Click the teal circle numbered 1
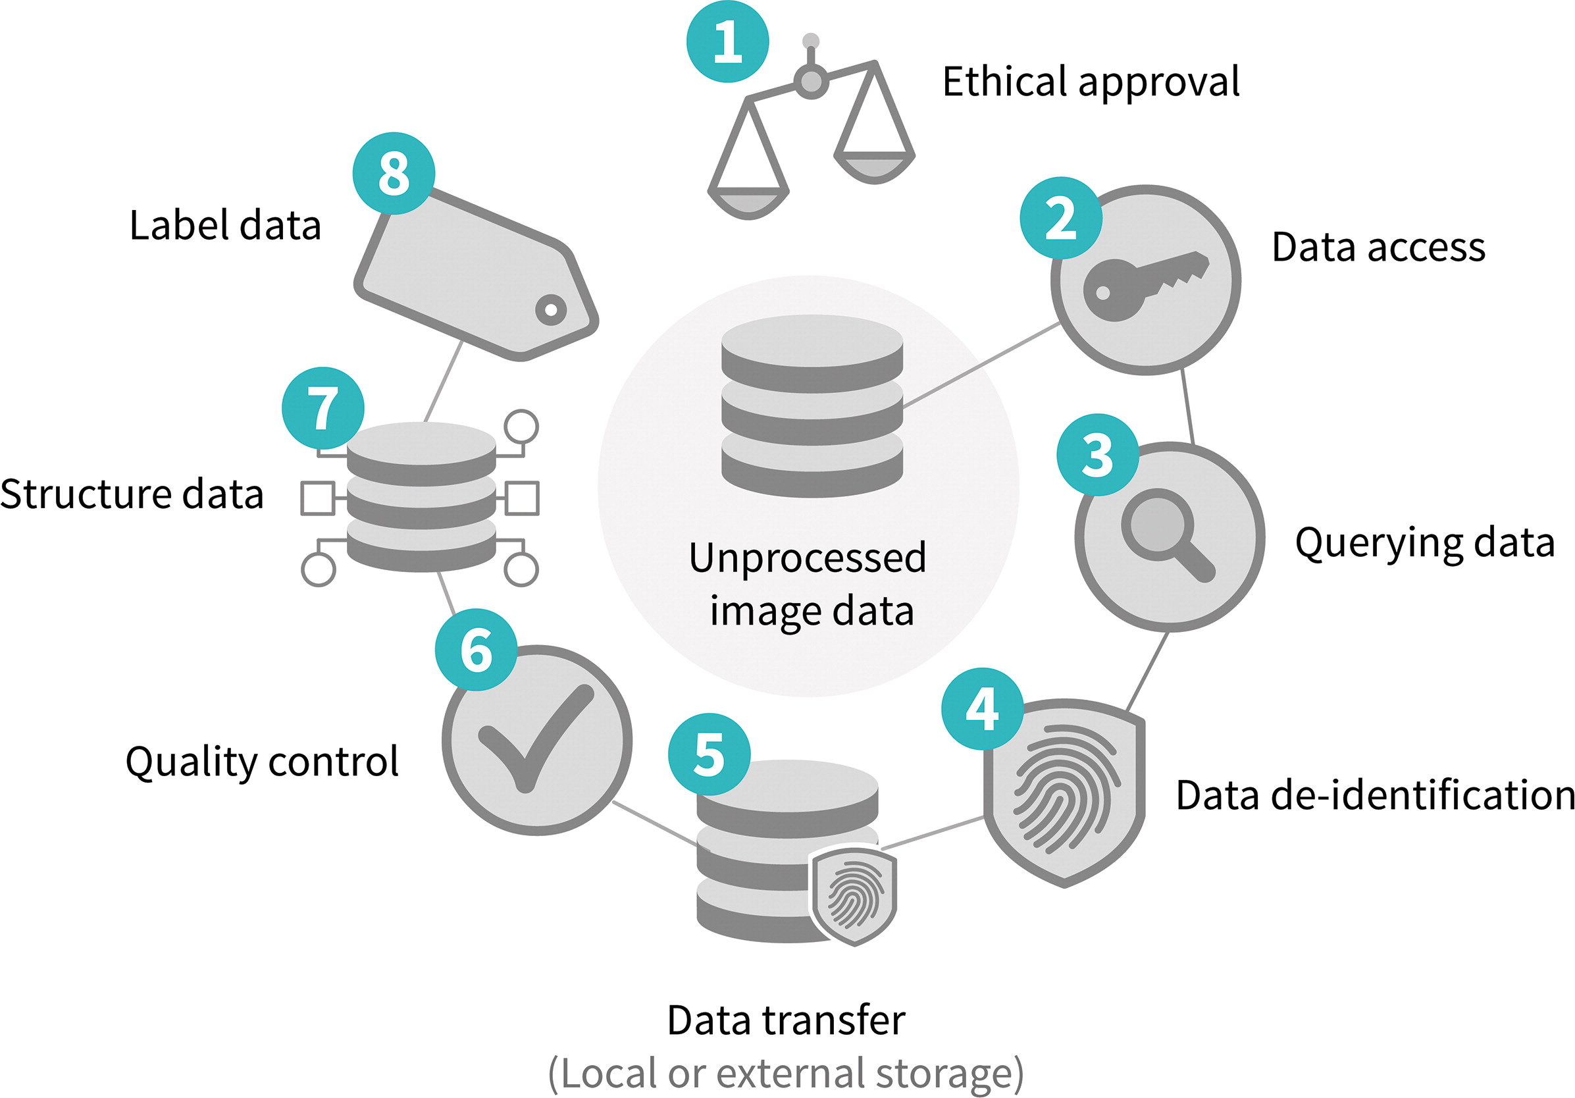pyautogui.click(x=727, y=42)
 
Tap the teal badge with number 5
pyautogui.click(x=709, y=755)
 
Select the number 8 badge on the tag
pyautogui.click(x=394, y=174)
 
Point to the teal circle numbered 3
pyautogui.click(x=1097, y=455)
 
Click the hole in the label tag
pyautogui.click(x=551, y=309)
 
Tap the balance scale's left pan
pyautogui.click(x=748, y=203)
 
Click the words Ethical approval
pyautogui.click(x=1091, y=82)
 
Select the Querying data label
pyautogui.click(x=1424, y=544)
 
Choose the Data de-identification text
pyautogui.click(x=1375, y=796)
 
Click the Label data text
pyautogui.click(x=225, y=226)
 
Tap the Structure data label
pyautogui.click(x=132, y=494)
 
